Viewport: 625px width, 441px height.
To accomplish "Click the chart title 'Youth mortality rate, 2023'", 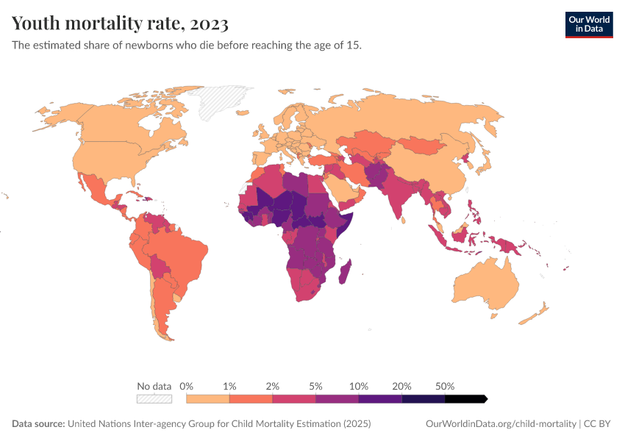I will pos(120,24).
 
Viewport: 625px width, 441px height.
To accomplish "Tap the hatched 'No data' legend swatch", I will pos(154,399).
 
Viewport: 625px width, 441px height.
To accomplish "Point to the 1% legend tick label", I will pos(229,386).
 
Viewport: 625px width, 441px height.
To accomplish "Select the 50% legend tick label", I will pos(445,386).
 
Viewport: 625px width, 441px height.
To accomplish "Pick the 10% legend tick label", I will pos(359,386).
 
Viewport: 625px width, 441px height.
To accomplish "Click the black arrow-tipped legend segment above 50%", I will pos(465,399).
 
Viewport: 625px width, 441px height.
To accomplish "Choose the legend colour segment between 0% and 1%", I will pos(208,399).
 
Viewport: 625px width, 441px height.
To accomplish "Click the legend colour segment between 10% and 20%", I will pos(380,399).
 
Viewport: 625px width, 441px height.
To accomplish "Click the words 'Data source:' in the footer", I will pos(37,424).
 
